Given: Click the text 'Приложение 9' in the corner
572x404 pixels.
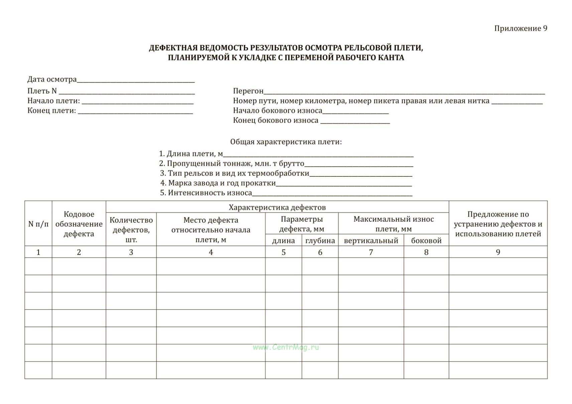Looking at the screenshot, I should click(x=520, y=28).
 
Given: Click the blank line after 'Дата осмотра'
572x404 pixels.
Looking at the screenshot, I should click(x=135, y=80).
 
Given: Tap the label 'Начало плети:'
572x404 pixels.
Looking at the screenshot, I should click(x=53, y=101).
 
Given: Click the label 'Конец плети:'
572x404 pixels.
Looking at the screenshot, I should click(x=51, y=111).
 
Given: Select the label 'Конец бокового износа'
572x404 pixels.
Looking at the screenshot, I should click(x=275, y=120).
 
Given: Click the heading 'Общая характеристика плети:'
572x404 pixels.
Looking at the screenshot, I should click(x=286, y=142).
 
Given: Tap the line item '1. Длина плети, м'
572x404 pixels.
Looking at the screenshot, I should click(x=191, y=154).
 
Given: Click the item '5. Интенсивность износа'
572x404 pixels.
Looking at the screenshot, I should click(x=206, y=193).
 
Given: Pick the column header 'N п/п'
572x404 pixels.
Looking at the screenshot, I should click(x=38, y=224).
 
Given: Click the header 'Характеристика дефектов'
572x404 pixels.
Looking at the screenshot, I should click(x=277, y=207).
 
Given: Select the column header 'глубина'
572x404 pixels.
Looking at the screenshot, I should click(x=320, y=241).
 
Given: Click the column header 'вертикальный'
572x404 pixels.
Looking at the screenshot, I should click(x=371, y=241).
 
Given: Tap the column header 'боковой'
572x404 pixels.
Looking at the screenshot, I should click(x=426, y=241).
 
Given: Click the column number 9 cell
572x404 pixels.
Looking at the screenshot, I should click(x=498, y=252).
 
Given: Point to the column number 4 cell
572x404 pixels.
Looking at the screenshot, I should click(x=211, y=252).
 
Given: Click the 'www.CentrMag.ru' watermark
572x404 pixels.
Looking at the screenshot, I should click(x=286, y=347).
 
